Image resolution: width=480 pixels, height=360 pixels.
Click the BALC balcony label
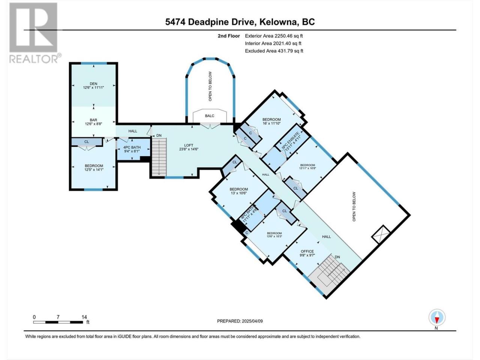tap(210, 116)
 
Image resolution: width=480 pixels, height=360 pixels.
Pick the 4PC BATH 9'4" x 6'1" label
tap(132, 149)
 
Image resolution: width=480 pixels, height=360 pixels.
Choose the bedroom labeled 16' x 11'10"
tap(271, 121)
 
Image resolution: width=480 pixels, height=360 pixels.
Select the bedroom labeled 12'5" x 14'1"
tap(94, 168)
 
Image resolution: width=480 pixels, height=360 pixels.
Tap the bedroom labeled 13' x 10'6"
tap(238, 191)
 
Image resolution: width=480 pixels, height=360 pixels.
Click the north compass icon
tap(437, 317)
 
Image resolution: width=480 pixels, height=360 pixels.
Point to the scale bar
tap(58, 322)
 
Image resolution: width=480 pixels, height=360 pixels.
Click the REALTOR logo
tap(34, 33)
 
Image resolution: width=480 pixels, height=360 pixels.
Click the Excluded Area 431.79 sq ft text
tap(274, 51)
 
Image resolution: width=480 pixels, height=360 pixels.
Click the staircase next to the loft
tap(159, 156)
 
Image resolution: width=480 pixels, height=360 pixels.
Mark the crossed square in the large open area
tap(381, 234)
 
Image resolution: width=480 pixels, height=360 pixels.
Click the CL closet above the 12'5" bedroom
tap(87, 142)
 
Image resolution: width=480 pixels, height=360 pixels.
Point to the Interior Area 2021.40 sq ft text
tap(273, 43)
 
